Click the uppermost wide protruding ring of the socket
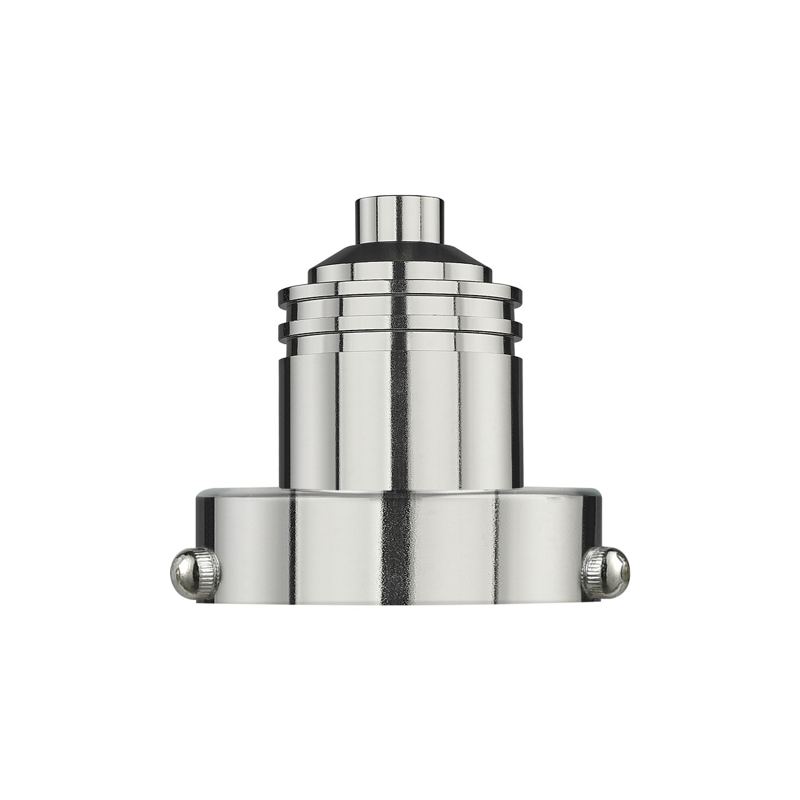tap(400, 294)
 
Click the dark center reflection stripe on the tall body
tap(397, 412)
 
